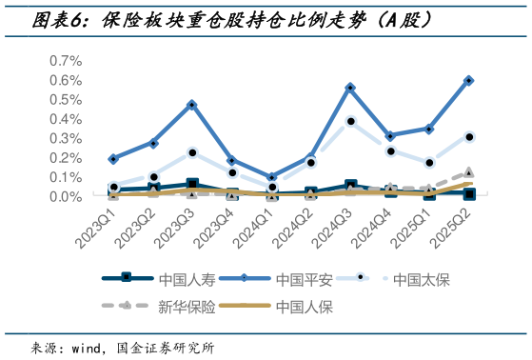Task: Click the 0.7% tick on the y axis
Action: click(x=66, y=60)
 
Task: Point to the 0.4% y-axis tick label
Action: click(x=66, y=118)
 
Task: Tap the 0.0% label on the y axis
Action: click(x=66, y=196)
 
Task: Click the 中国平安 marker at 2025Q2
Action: click(x=469, y=81)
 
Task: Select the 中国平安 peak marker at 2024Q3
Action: click(x=350, y=88)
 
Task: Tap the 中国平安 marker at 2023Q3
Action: click(x=192, y=104)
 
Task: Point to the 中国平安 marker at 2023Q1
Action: click(x=113, y=159)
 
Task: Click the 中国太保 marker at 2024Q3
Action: click(x=350, y=121)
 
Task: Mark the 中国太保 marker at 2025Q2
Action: click(x=469, y=137)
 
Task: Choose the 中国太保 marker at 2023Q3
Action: click(x=192, y=152)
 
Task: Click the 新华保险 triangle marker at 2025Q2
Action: click(x=469, y=172)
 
